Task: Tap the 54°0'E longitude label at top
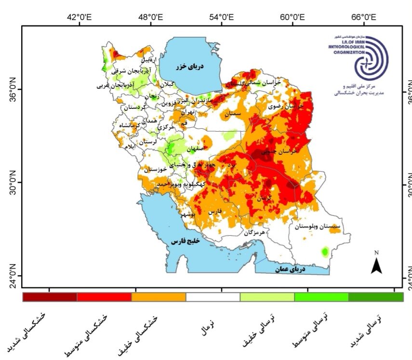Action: coord(222,17)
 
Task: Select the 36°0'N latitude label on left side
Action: coord(14,89)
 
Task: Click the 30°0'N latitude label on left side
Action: coord(14,182)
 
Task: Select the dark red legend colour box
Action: coord(50,297)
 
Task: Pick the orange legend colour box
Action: coord(159,297)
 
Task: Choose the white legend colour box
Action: coord(213,297)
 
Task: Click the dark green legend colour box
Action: coord(376,297)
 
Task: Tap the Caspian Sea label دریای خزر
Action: coord(189,67)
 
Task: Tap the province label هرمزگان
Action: coord(254,232)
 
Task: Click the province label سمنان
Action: coord(232,114)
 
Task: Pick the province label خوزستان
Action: coord(155,170)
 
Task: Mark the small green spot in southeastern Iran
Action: coord(325,252)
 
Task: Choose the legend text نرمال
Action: coord(206,328)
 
